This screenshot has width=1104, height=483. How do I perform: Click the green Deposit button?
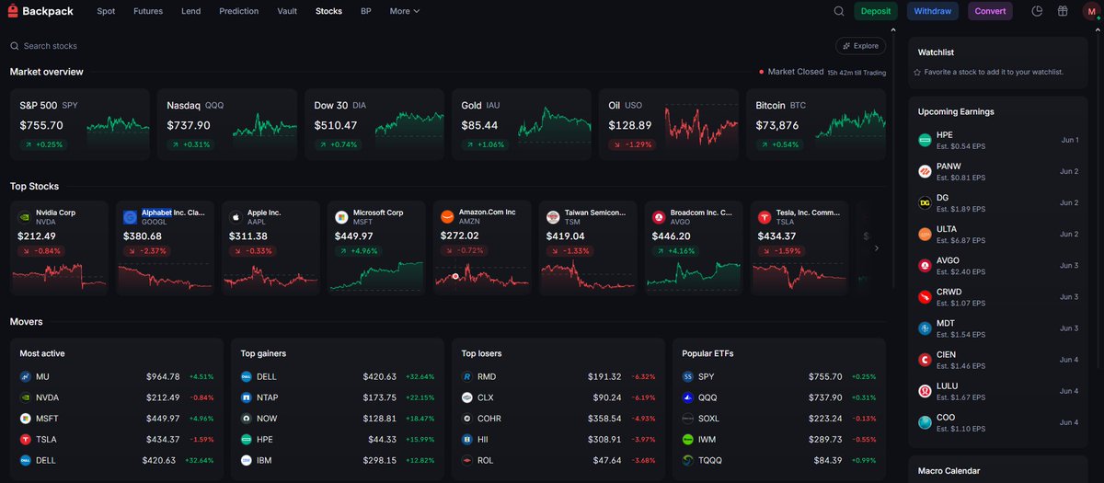coord(875,11)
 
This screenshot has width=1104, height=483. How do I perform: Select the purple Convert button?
coord(990,11)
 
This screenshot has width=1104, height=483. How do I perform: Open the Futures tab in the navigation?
coord(148,11)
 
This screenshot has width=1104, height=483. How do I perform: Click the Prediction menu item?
coord(238,11)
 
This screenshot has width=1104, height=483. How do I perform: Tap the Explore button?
coord(860,46)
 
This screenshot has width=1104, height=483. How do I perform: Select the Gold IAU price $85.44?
coord(479,125)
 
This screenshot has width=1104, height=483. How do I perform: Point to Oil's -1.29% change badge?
coord(632,144)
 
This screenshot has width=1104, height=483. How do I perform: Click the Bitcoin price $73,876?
coord(776,125)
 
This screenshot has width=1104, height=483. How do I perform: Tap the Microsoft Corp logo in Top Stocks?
coord(341,217)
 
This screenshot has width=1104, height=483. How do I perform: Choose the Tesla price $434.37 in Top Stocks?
coord(776,236)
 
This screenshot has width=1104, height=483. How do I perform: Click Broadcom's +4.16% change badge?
coord(675,251)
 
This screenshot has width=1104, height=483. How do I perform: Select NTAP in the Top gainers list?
coord(267,397)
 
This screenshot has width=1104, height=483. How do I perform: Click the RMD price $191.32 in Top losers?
coord(604,376)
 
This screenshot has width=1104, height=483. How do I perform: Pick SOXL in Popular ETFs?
coord(708,419)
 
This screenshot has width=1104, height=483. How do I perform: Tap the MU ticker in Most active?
coord(42,376)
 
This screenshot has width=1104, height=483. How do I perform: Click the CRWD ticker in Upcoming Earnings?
coord(949,292)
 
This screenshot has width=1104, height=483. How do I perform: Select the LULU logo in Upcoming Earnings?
coord(925,391)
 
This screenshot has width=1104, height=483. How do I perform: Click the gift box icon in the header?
coord(1063,11)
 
